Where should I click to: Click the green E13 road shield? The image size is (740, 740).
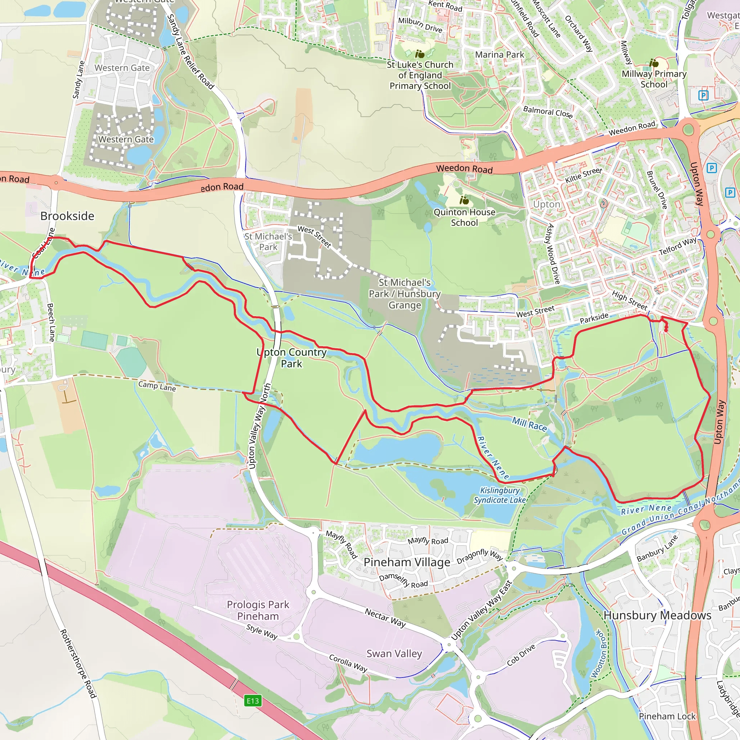tap(253, 701)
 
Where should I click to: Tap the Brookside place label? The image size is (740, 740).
tap(68, 216)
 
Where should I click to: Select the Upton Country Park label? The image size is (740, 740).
tap(292, 358)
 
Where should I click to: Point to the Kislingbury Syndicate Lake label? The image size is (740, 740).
tap(500, 495)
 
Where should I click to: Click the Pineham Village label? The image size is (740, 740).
tap(407, 562)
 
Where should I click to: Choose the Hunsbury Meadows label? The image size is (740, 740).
tap(657, 615)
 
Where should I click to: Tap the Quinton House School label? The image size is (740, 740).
tap(464, 217)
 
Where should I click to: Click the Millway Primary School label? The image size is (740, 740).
tap(654, 79)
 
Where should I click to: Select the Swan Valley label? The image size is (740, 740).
tap(394, 653)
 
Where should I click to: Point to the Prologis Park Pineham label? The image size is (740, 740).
tap(258, 610)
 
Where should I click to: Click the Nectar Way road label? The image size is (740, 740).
tap(385, 618)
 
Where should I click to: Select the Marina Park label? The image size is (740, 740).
tap(499, 55)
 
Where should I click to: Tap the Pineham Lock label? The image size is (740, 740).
tap(667, 716)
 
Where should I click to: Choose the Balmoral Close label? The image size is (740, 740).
tap(548, 112)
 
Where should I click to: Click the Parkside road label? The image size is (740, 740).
tap(594, 318)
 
